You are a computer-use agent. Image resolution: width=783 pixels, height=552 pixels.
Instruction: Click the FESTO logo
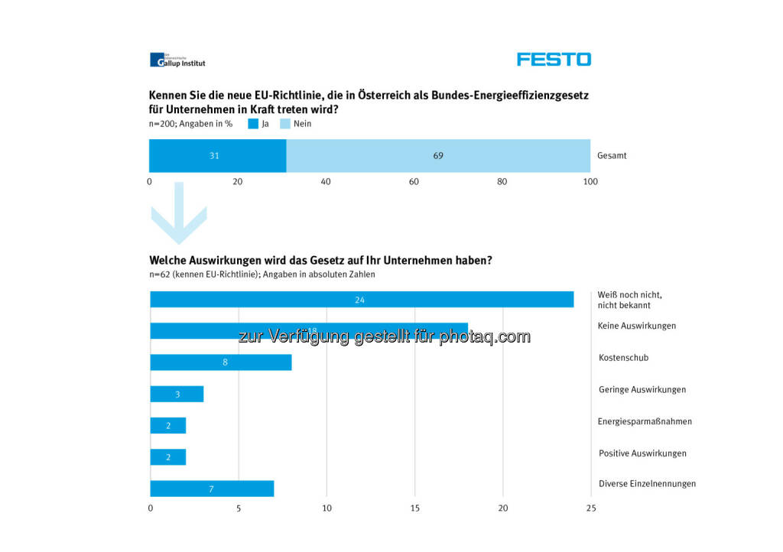click(554, 59)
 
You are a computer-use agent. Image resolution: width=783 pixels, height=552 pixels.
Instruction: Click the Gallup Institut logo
click(177, 60)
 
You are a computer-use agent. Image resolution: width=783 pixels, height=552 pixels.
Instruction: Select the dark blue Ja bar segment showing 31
click(217, 156)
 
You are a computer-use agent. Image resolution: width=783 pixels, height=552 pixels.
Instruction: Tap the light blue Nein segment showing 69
click(438, 156)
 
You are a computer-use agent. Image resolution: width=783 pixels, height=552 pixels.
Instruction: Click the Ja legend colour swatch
click(253, 123)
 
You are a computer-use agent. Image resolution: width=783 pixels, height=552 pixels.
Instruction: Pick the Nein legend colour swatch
click(284, 123)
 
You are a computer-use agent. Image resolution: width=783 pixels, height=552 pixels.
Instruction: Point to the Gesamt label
click(612, 156)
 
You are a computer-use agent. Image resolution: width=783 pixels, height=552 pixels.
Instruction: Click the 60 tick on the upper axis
click(414, 182)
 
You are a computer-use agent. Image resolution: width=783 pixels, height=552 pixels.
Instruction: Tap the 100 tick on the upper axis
click(590, 182)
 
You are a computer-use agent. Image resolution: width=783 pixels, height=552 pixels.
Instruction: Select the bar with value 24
click(362, 300)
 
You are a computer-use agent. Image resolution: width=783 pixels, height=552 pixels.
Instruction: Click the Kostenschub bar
click(221, 362)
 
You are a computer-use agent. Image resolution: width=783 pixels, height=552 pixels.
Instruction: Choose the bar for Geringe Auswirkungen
click(177, 394)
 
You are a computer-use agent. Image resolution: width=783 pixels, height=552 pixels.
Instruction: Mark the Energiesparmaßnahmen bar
click(168, 426)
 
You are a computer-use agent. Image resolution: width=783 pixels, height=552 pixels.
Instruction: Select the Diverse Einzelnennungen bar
click(212, 489)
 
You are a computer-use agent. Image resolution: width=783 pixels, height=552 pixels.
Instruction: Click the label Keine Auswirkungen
click(636, 326)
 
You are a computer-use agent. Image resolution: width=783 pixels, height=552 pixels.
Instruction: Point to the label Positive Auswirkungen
click(642, 453)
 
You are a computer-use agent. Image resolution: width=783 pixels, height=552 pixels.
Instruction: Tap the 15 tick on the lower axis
click(414, 508)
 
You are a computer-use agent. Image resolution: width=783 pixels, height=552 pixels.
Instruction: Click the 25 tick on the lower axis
click(590, 508)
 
